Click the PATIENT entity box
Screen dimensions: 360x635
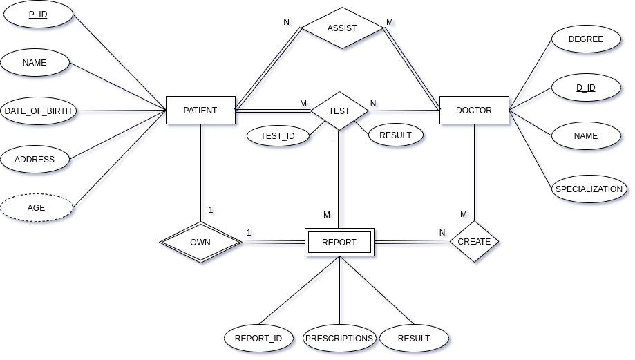[200, 111]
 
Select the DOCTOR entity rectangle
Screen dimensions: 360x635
[474, 111]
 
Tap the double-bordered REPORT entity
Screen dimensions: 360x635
[339, 243]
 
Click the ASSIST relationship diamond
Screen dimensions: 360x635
[342, 28]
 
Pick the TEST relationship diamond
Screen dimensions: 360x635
[339, 111]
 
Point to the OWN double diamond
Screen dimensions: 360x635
[200, 243]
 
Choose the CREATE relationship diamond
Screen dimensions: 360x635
[474, 242]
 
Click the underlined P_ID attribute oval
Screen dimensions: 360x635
[37, 15]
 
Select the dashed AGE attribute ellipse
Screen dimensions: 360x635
[37, 207]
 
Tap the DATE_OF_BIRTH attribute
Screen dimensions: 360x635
[38, 111]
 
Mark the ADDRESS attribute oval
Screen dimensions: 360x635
[35, 160]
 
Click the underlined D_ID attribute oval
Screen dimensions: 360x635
[586, 88]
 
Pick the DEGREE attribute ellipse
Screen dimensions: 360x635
[586, 40]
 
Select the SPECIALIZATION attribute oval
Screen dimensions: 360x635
[589, 189]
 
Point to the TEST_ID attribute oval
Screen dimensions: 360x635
[278, 136]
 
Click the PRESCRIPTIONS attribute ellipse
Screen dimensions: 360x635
[339, 339]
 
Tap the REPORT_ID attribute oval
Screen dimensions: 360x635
[258, 339]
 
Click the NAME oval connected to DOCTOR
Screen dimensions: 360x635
[586, 136]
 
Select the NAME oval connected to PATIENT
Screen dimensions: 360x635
[35, 63]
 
